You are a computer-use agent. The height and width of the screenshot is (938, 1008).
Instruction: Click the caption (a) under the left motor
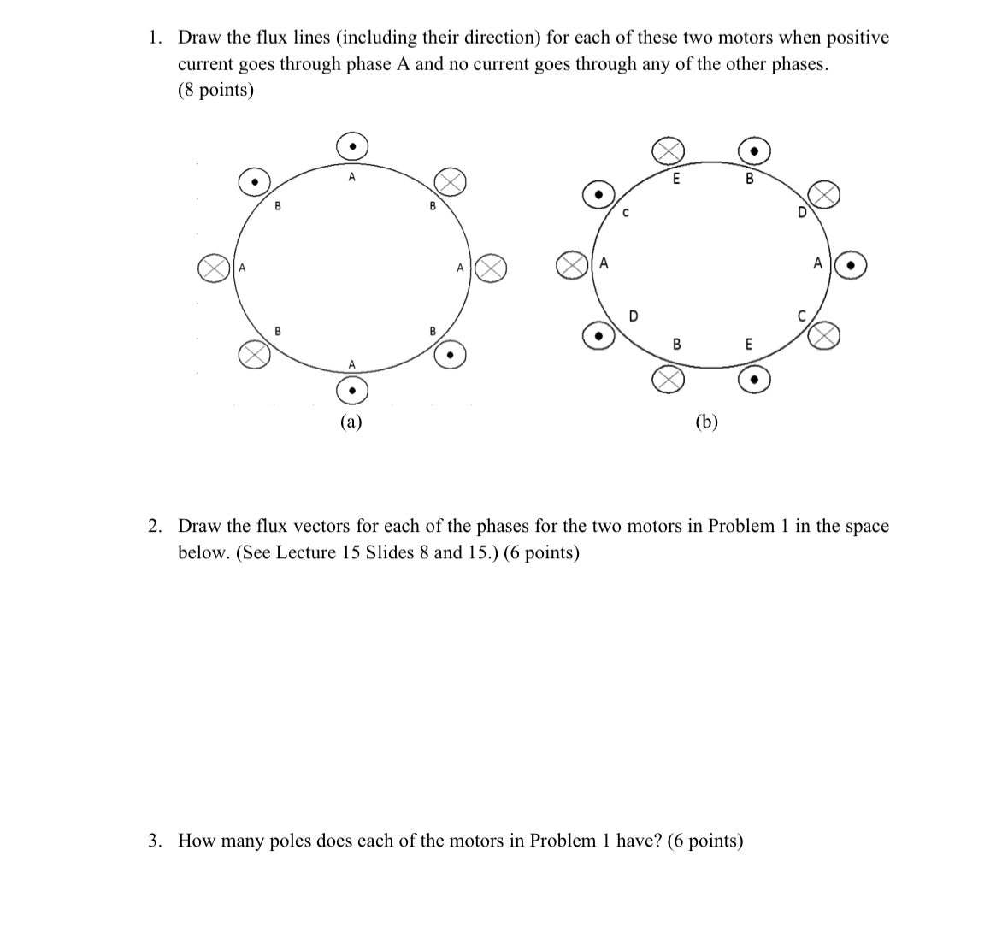(x=351, y=421)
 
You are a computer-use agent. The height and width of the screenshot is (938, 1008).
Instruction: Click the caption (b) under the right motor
(x=706, y=421)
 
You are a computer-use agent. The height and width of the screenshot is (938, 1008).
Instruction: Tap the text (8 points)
(x=215, y=91)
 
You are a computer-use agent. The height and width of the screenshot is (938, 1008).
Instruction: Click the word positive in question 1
(x=858, y=38)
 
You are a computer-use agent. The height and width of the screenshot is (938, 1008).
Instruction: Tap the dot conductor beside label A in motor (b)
(x=851, y=265)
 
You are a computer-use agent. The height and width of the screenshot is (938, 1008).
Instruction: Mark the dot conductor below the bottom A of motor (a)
(x=351, y=392)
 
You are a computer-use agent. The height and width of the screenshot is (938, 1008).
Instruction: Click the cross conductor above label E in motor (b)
(x=669, y=151)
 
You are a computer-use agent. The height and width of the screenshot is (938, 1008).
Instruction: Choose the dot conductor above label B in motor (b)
(x=755, y=151)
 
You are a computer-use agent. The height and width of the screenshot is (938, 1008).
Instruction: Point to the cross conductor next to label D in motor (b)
(x=823, y=194)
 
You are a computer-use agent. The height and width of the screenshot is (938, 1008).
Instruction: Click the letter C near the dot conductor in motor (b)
(x=625, y=213)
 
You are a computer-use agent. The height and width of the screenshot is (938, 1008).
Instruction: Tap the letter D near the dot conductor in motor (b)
(x=633, y=316)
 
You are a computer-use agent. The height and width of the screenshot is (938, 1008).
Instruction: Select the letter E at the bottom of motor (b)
(x=749, y=345)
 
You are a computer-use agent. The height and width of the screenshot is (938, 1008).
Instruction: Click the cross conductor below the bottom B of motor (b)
(x=669, y=379)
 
